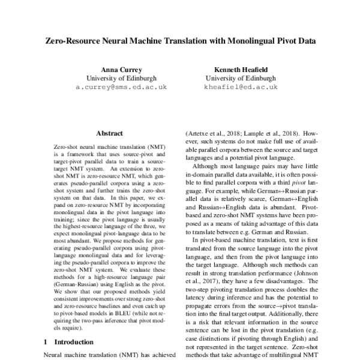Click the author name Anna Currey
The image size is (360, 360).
122,68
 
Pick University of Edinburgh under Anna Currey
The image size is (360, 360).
122,78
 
